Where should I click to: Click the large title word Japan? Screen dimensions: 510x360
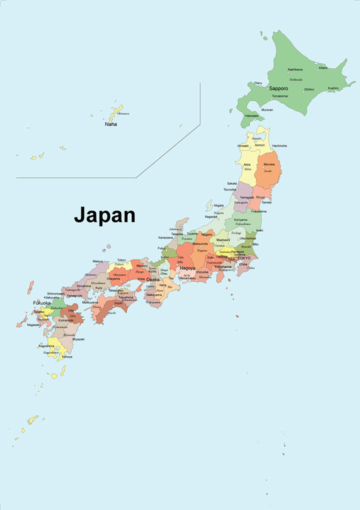[x=104, y=215]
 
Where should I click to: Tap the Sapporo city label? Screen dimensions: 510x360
[x=278, y=88]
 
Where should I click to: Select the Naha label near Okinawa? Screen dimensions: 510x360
[x=110, y=124]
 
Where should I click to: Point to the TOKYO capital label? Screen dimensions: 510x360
[x=244, y=258]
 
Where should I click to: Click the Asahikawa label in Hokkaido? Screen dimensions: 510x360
[x=295, y=69]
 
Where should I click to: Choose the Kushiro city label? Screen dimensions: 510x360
[x=333, y=88]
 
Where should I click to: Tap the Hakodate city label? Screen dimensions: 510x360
[x=251, y=115]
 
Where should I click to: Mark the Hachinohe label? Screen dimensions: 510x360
[x=279, y=145]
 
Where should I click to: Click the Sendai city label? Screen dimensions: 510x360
[x=266, y=202]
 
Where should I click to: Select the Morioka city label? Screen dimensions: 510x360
[x=269, y=164]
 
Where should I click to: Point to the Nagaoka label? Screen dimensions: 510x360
[x=211, y=216]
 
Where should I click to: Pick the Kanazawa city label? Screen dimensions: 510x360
[x=165, y=237]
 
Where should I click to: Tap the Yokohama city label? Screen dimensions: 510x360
[x=222, y=266]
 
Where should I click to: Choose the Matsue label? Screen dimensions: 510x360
[x=98, y=261]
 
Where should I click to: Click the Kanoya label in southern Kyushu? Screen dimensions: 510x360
[x=67, y=356]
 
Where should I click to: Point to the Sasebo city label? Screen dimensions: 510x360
[x=39, y=311]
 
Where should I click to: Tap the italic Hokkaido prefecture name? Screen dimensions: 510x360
[x=295, y=79]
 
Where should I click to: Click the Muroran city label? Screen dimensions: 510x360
[x=266, y=109]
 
